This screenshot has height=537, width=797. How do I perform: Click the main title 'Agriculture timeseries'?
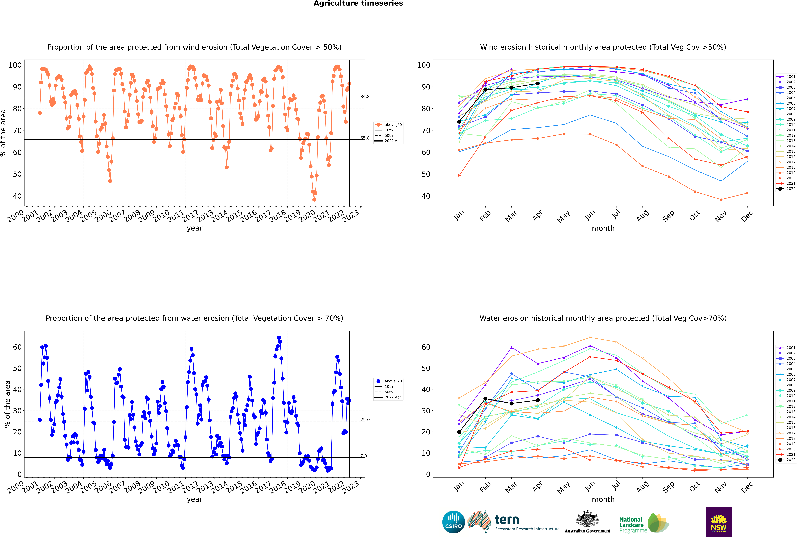(x=358, y=3)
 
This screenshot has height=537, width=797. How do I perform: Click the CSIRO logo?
(x=453, y=522)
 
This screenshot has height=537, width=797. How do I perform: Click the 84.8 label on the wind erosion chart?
(x=365, y=97)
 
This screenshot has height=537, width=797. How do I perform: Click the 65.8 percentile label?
(x=365, y=138)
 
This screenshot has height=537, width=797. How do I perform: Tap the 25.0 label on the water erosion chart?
(x=365, y=420)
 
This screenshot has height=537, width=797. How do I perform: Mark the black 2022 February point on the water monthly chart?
(x=485, y=399)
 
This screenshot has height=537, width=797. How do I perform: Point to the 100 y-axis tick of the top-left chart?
(x=15, y=65)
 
